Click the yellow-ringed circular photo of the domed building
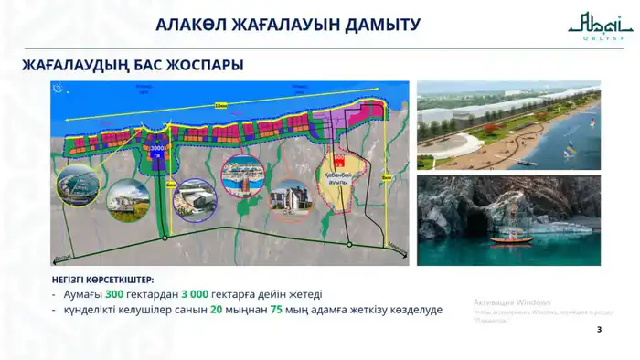click(77, 185)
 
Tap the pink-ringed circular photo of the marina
click(243, 177)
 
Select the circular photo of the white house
click(289, 199)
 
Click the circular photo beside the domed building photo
click(128, 200)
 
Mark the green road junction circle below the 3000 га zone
click(165, 238)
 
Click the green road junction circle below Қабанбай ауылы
click(348, 244)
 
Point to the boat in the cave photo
click(511, 239)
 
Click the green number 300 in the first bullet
click(113, 294)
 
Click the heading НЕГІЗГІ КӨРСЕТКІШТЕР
click(102, 279)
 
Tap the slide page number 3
click(599, 329)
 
